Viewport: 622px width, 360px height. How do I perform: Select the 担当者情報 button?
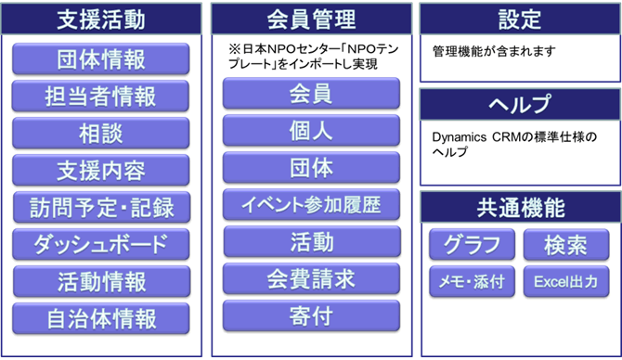pos(101,96)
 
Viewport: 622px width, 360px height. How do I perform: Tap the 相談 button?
pos(101,133)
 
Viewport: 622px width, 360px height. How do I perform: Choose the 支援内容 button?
pos(101,170)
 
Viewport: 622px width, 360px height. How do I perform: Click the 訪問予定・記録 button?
pos(101,206)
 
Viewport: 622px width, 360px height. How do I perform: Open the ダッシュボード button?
pos(101,243)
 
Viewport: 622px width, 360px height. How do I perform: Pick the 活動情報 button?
pos(101,280)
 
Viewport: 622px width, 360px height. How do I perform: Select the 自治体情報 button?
pos(101,318)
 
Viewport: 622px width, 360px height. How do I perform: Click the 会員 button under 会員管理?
pos(311,94)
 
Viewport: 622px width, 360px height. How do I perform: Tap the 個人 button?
pos(311,131)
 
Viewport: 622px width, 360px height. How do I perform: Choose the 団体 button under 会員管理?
pos(311,168)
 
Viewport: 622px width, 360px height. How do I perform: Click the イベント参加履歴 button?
pos(311,204)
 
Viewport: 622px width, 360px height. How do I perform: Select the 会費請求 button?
pos(311,278)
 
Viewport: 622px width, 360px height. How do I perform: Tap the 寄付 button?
pos(311,315)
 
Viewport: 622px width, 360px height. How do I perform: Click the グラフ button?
pos(472,245)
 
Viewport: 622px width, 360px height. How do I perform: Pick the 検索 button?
pos(565,245)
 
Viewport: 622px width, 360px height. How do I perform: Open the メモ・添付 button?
pos(472,281)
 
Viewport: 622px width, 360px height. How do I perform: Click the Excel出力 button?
pos(565,281)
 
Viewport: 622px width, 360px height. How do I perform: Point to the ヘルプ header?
pos(519,104)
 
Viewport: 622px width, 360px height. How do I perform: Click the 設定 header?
pos(519,19)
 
